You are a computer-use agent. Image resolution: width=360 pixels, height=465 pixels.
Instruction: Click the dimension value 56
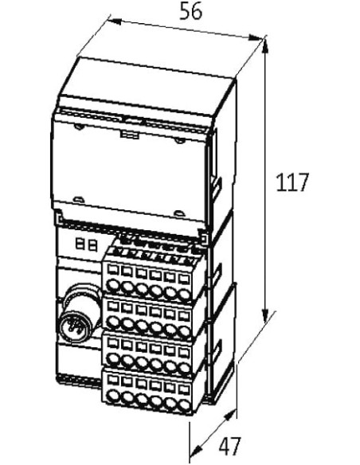191,12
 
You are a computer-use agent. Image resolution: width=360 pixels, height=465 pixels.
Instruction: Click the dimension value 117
292,182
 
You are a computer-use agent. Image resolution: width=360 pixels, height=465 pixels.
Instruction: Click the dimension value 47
229,446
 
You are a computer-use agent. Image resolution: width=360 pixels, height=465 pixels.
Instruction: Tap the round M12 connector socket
76,324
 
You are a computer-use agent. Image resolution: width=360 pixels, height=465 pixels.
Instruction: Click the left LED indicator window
80,244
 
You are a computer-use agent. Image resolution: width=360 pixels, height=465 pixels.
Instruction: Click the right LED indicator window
93,246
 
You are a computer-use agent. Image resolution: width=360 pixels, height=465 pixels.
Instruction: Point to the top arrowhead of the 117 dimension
265,45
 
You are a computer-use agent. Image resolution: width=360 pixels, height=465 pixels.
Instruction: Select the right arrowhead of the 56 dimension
256,38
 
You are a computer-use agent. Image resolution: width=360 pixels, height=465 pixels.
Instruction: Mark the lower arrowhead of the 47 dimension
196,450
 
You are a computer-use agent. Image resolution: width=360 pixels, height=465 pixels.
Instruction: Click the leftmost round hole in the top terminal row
112,285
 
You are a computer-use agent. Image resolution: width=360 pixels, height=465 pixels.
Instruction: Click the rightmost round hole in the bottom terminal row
184,405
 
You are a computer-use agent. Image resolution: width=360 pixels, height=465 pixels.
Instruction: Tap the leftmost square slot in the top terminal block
112,270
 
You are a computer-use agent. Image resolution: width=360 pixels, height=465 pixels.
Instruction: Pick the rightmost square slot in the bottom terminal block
184,389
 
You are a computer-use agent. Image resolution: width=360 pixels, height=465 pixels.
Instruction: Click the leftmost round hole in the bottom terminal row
112,397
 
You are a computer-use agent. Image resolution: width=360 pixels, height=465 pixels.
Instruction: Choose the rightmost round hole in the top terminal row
184,295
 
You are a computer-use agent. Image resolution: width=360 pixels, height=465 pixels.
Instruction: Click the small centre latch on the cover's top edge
130,135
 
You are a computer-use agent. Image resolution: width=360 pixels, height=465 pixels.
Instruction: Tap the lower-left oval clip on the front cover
78,200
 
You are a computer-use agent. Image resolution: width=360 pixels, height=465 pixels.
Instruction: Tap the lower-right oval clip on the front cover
179,213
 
